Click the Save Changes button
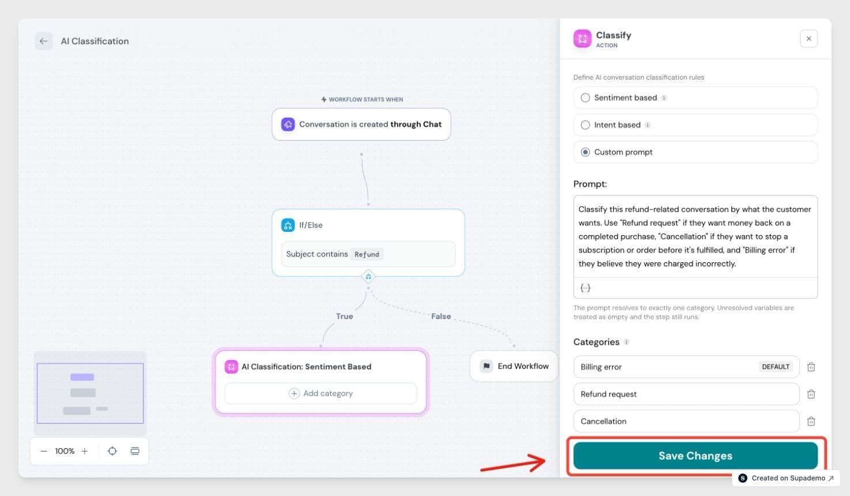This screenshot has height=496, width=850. coord(695,456)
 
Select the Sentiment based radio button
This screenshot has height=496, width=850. coord(585,97)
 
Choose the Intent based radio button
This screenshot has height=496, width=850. coord(585,125)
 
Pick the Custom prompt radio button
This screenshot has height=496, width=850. coord(585,152)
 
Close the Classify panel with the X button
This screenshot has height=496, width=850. coord(809,39)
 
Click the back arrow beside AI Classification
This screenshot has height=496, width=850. coord(44,41)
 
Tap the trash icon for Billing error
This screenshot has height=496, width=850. coord(811,367)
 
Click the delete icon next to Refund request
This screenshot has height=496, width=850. coord(811,394)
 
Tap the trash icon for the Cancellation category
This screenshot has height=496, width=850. coord(811,421)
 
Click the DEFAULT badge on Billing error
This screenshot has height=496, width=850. coord(776,367)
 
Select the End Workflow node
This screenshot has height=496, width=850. coord(514,366)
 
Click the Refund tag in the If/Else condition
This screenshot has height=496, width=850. coord(367,254)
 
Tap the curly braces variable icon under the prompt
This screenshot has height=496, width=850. coord(585,288)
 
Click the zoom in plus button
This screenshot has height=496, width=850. coord(85,451)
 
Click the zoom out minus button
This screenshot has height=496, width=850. coord(44,451)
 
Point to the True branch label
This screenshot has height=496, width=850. coord(345,317)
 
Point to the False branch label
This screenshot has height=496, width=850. coord(441,317)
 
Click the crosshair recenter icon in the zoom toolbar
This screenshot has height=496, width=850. coord(112,451)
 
